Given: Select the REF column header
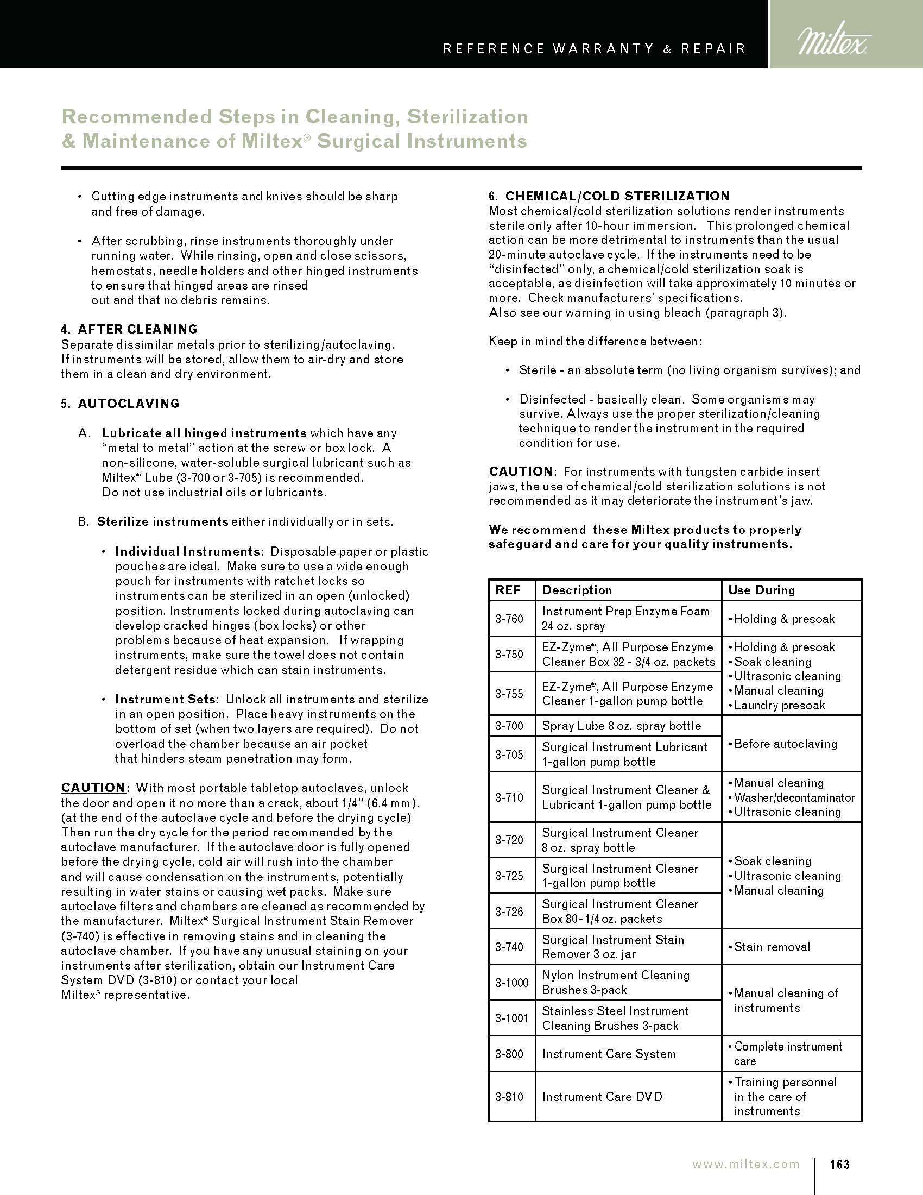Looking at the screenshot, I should (x=508, y=590).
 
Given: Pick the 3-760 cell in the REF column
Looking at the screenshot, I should (x=509, y=619).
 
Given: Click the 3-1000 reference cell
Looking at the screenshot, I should (x=512, y=983).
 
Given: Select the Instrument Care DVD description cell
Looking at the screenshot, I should (x=602, y=1097).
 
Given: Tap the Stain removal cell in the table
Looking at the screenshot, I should (x=772, y=947).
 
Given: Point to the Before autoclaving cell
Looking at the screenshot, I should (x=785, y=744).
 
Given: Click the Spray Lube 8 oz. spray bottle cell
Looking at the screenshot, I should (x=621, y=726).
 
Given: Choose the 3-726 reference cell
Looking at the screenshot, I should (x=509, y=911).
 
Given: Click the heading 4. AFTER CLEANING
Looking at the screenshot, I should (x=129, y=329).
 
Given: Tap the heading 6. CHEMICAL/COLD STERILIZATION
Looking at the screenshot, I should (x=609, y=196).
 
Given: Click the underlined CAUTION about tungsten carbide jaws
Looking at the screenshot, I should (x=521, y=471).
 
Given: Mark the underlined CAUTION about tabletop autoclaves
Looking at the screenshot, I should (x=93, y=788).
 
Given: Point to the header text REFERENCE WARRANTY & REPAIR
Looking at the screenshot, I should (x=595, y=49).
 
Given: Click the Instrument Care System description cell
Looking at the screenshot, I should (x=609, y=1054).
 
